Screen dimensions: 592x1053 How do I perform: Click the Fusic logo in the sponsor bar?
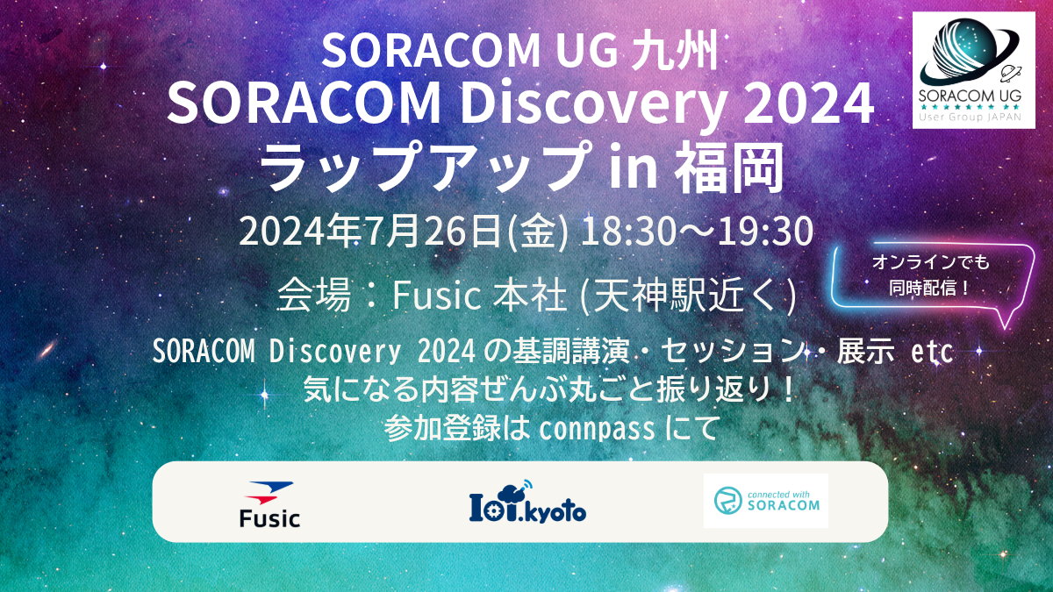click(x=269, y=504)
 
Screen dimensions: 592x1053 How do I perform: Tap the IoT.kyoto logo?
click(x=527, y=502)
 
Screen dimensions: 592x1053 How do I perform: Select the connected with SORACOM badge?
click(x=765, y=501)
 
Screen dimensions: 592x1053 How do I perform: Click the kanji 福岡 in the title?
click(x=729, y=167)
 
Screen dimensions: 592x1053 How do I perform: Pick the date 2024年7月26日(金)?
click(x=405, y=232)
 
